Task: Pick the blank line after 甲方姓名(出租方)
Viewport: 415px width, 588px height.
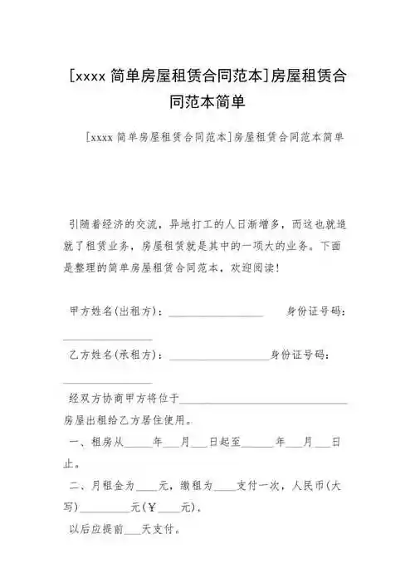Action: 217,313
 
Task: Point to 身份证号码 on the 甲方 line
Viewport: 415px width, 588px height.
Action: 316,311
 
